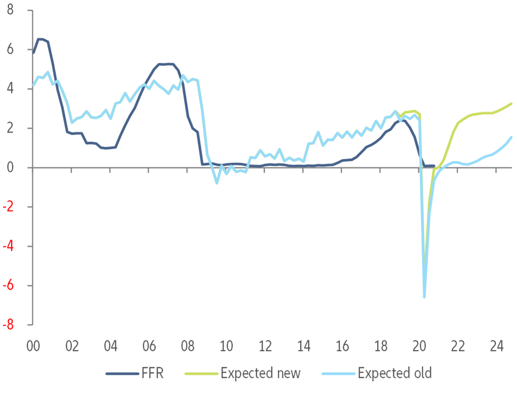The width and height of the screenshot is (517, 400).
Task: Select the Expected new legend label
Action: point(260,374)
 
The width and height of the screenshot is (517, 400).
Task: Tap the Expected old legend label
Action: point(395,374)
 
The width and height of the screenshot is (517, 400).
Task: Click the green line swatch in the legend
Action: point(200,374)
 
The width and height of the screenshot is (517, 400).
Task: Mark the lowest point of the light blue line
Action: point(424,297)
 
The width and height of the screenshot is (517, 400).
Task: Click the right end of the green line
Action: point(511,104)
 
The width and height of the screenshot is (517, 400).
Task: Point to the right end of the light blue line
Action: point(511,137)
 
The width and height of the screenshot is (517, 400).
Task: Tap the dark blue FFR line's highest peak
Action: point(40,39)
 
